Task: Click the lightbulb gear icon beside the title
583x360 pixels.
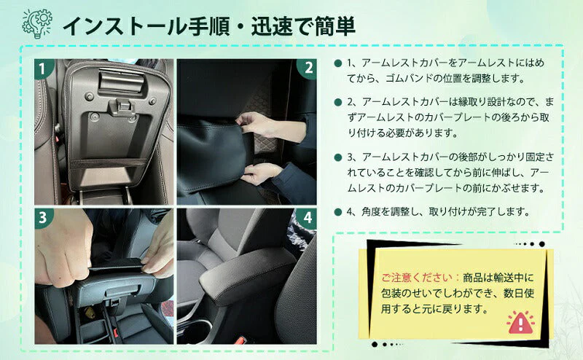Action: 37,24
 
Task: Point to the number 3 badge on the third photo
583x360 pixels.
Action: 44,218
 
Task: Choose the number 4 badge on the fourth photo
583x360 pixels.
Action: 307,218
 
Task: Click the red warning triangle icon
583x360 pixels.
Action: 520,322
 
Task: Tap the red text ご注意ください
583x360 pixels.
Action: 417,278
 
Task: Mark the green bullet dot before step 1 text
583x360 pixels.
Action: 338,63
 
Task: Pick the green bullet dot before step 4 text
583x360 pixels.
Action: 338,212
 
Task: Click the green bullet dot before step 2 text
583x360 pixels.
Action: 338,102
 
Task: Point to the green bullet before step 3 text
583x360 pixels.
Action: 338,157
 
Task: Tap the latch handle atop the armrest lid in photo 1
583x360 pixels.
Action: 121,81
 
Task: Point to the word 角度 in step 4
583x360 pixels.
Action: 369,212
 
